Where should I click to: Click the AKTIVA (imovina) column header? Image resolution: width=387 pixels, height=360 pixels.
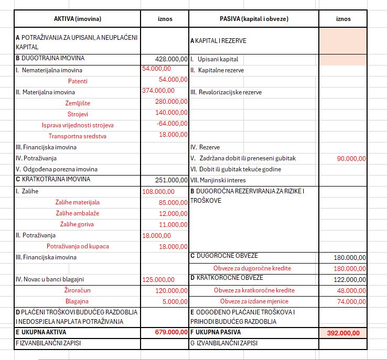tap(77, 19)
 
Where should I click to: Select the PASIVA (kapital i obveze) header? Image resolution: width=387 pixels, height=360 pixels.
tap(254, 19)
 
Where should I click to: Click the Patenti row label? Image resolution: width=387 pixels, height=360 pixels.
tap(78, 81)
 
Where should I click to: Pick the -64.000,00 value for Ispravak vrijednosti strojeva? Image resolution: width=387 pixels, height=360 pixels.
tap(173, 124)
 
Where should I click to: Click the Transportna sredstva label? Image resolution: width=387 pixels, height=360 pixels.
tap(78, 136)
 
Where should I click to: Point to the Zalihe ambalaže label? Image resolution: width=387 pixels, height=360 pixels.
tap(78, 213)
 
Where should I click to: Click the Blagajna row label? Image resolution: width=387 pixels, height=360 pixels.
tap(78, 301)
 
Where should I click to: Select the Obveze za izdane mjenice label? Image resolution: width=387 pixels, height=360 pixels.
tap(254, 301)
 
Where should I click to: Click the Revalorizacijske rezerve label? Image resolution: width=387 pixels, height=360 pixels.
tap(226, 92)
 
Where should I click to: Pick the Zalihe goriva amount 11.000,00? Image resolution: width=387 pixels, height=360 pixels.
tap(173, 224)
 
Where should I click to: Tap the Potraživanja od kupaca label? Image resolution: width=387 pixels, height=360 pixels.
tap(78, 246)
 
